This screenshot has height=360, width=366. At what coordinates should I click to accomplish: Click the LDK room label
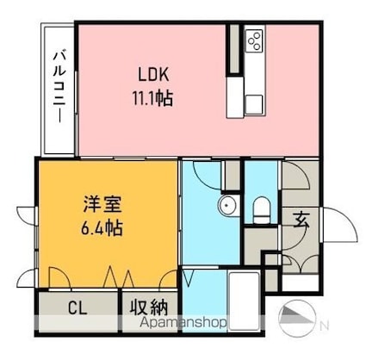coord(153,74)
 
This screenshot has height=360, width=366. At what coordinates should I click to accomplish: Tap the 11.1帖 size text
coord(152,98)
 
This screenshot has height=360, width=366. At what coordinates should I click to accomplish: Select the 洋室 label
coord(102,204)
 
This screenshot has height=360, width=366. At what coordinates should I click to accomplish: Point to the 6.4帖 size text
coord(102,227)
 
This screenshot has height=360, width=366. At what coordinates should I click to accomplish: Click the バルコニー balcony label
coord(60,86)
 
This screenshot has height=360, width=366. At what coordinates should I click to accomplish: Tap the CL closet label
coord(78,308)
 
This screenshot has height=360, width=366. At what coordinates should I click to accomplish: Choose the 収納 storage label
coord(149,308)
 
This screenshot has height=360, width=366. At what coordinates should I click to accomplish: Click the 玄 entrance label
coord(301,220)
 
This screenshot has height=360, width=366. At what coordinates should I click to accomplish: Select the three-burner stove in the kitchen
coord(255,41)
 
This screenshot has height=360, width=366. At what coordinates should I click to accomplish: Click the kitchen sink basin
coord(254,105)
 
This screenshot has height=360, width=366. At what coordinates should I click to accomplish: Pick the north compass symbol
coord(297,318)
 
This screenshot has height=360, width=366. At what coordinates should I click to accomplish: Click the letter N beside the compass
coord(325,326)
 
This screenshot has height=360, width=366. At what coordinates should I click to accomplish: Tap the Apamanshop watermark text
coord(183,323)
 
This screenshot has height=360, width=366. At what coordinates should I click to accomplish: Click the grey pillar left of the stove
coord(234,49)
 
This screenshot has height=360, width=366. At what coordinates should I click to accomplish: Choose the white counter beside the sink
coord(235,97)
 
